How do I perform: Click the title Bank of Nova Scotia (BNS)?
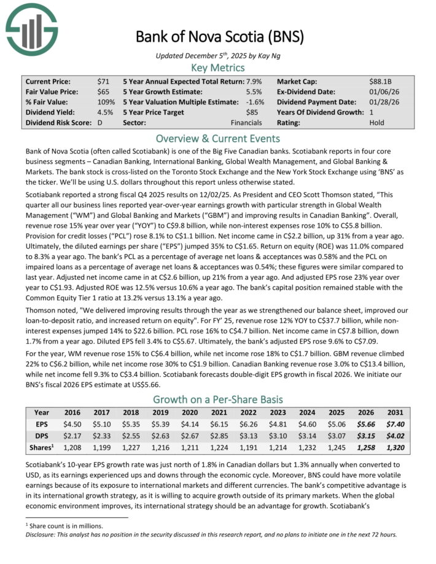click(219, 36)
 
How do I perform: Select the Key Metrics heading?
click(218, 68)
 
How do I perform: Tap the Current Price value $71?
click(103, 81)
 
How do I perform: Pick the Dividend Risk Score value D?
click(99, 123)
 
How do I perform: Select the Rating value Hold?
click(376, 123)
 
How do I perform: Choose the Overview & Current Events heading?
click(218, 138)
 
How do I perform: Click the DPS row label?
click(41, 436)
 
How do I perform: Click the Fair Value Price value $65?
click(103, 91)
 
